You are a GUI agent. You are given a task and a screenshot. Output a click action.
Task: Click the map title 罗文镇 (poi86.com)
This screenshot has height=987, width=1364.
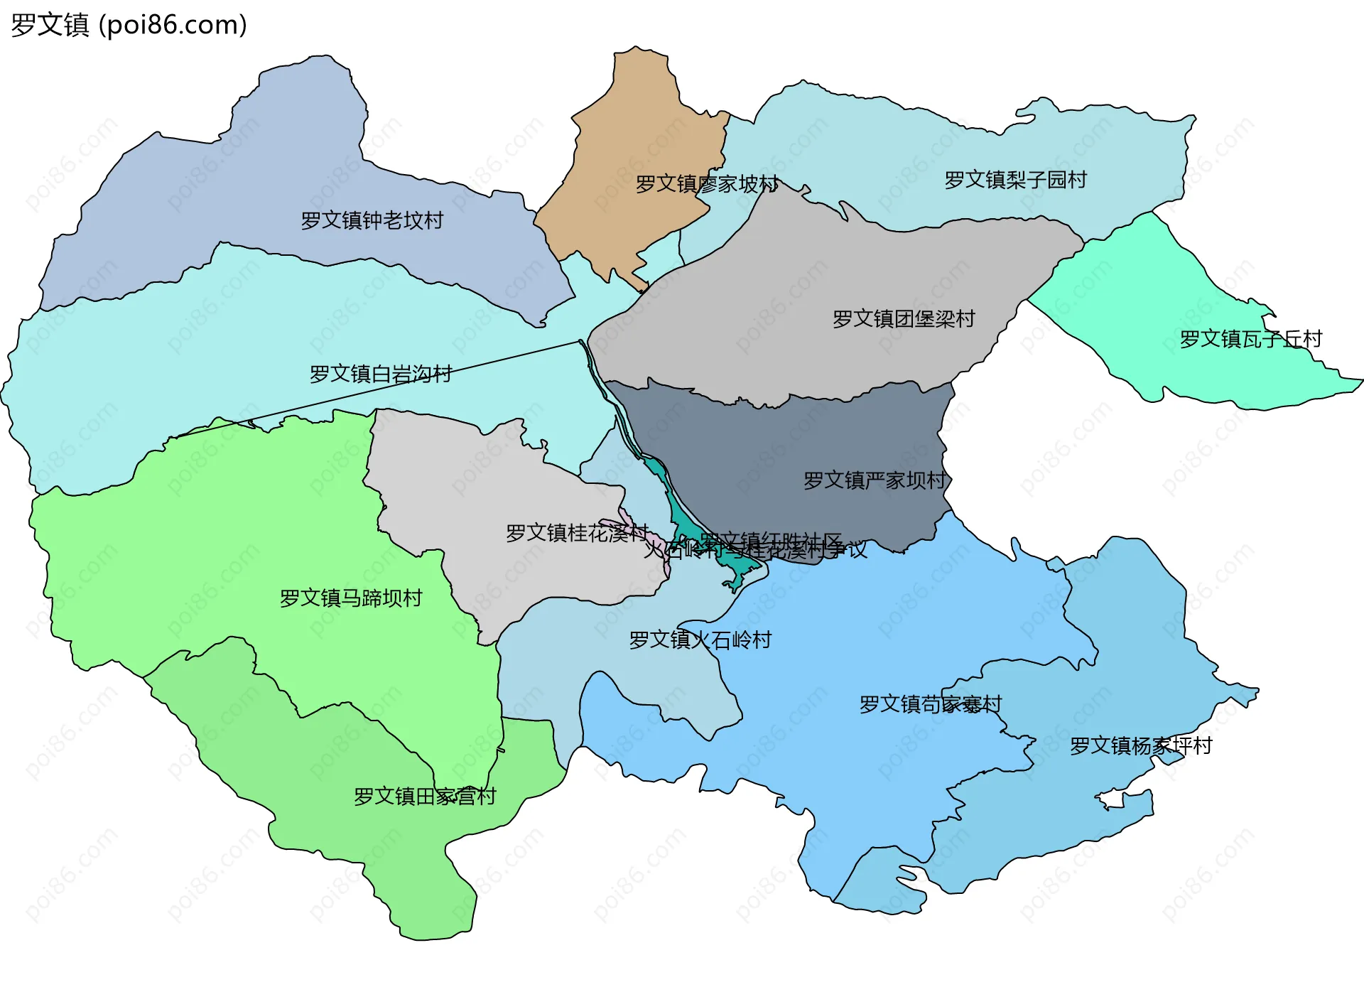[x=129, y=26]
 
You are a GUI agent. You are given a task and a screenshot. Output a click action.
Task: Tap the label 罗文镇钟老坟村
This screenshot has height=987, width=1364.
[x=372, y=220]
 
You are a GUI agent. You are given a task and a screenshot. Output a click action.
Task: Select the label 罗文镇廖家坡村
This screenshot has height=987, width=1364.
[x=707, y=184]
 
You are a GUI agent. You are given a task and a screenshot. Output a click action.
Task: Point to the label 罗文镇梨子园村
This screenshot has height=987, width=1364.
[x=1015, y=180]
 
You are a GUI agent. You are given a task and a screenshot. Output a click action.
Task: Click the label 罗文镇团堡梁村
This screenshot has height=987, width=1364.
[x=904, y=318]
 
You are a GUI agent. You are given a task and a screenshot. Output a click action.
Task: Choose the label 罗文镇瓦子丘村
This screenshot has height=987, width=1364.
[x=1250, y=339]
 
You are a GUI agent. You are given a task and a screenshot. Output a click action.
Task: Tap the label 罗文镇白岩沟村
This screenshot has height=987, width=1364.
[x=381, y=374]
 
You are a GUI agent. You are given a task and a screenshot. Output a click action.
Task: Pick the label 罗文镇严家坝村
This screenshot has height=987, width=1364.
[x=875, y=480]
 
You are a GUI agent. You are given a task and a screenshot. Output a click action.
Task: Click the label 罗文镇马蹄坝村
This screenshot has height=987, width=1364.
[x=351, y=598]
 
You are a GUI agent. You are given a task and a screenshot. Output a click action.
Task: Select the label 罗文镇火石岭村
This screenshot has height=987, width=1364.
[x=700, y=640]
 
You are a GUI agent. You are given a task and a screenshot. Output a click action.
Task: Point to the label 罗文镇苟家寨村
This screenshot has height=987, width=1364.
[x=930, y=704]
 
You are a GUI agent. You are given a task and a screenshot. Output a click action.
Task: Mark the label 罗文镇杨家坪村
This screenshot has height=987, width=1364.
[x=1140, y=745]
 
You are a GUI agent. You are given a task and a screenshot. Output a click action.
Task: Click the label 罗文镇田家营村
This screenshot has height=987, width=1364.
[x=425, y=796]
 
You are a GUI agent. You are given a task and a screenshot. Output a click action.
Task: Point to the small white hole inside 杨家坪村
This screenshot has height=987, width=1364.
[x=1111, y=801]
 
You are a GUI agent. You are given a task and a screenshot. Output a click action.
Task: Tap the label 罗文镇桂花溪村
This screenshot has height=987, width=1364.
[x=577, y=532]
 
